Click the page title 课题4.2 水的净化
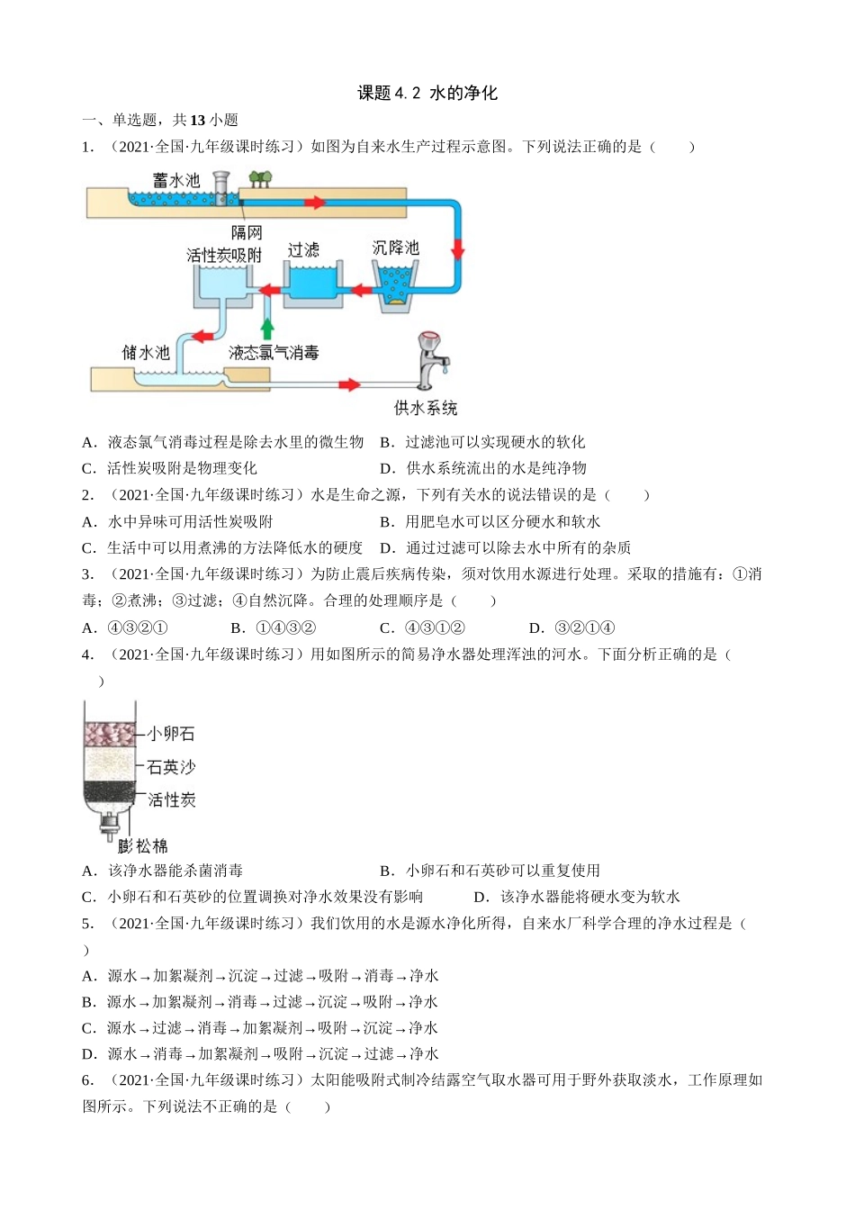click(x=427, y=93)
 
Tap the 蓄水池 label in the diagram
click(x=176, y=180)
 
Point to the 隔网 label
click(x=247, y=232)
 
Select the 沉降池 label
click(x=395, y=248)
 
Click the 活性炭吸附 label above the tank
click(x=224, y=256)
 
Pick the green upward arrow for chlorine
click(x=266, y=327)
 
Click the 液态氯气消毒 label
click(x=274, y=353)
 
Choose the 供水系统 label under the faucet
click(x=425, y=408)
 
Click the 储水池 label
click(x=146, y=352)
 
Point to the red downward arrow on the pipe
click(x=457, y=248)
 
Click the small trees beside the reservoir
click(x=260, y=179)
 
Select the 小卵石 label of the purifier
click(x=171, y=734)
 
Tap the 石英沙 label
click(x=171, y=767)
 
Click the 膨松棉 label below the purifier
click(x=143, y=845)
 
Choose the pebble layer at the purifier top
click(x=109, y=734)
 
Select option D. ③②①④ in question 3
click(x=572, y=628)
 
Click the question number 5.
click(x=87, y=923)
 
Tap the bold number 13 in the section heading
click(x=197, y=120)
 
